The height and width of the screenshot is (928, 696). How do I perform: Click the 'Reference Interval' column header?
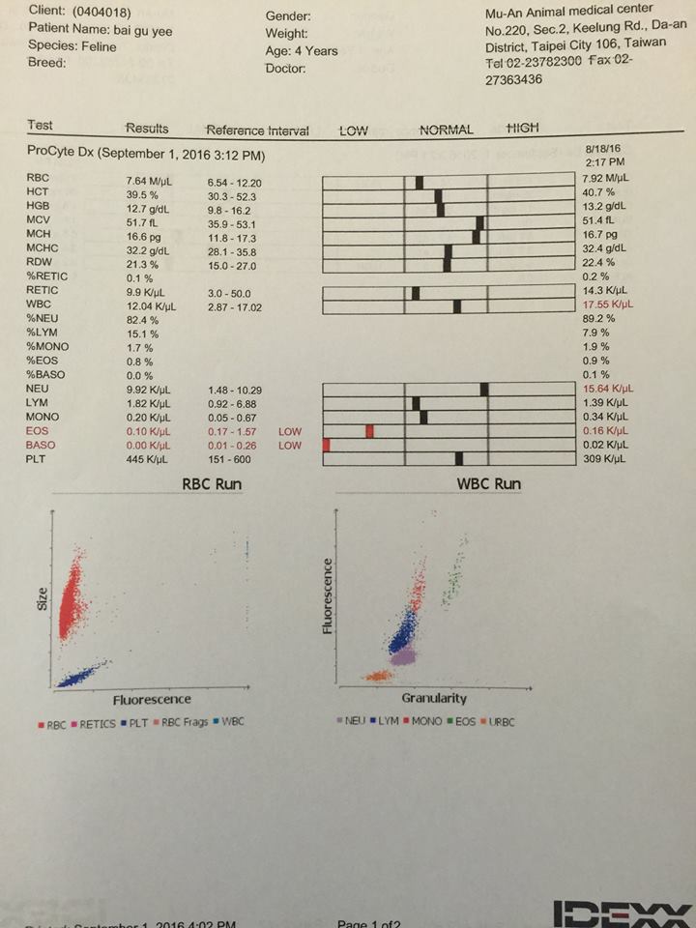coord(257,130)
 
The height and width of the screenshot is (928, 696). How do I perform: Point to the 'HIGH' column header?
coord(523,129)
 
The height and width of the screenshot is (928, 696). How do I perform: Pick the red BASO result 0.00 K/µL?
coord(150,445)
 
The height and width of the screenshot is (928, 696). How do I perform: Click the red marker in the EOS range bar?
coord(369,430)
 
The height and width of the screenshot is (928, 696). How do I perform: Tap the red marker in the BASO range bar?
coord(327,445)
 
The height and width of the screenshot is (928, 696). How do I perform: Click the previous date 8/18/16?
coord(602,147)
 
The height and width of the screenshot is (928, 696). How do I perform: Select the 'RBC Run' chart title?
coord(212,483)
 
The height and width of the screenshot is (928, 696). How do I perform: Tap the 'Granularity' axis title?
coord(434,697)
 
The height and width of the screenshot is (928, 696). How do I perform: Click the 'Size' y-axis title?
coord(43,600)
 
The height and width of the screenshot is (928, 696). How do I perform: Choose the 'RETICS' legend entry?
coord(96,723)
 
